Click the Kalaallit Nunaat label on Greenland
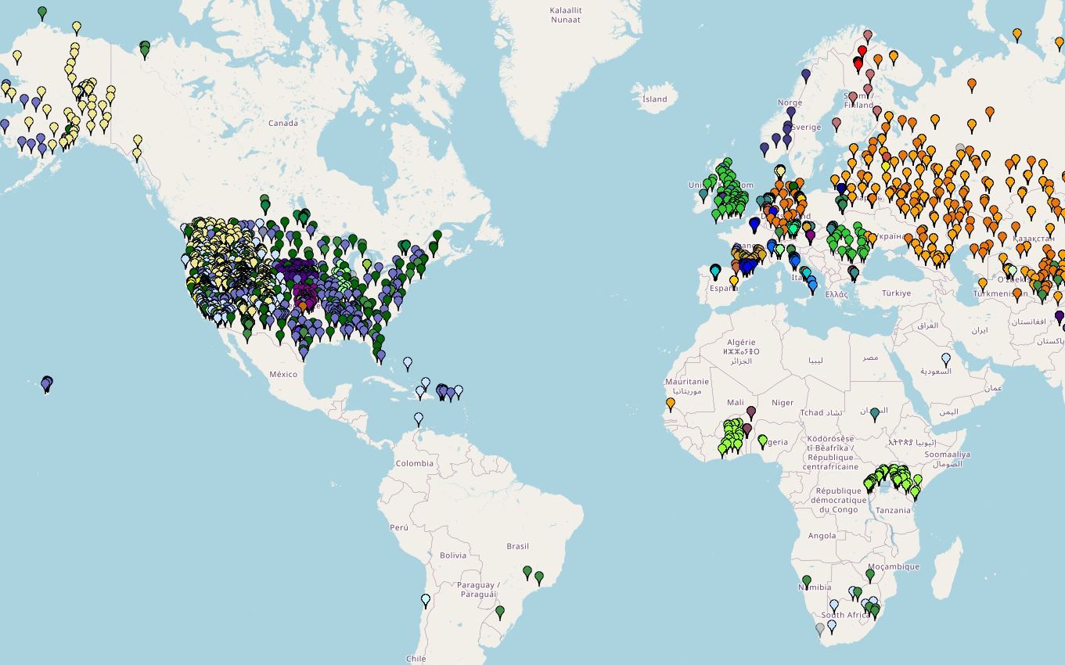tap(565, 15)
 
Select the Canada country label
tap(282, 123)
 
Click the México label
tap(283, 374)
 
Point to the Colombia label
tap(414, 463)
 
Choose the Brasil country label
tap(517, 546)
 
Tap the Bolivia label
tap(452, 555)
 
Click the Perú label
tap(399, 527)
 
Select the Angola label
tap(822, 536)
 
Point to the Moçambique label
tap(893, 566)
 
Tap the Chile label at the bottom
tap(416, 659)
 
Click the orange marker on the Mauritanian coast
tap(671, 404)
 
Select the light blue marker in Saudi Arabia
tap(946, 359)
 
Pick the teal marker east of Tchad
tap(875, 413)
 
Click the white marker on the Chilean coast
tap(426, 600)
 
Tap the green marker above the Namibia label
tap(807, 581)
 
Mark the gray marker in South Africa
tap(819, 628)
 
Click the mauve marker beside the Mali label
tap(751, 412)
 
